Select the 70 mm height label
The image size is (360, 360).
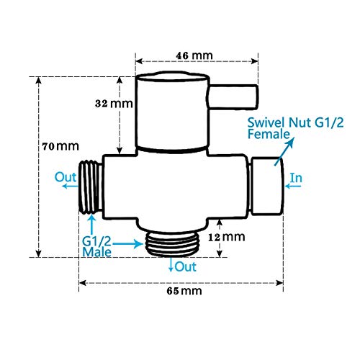coord(60,146)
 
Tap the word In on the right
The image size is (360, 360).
coord(297,176)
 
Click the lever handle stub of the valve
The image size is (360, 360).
coord(232,96)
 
